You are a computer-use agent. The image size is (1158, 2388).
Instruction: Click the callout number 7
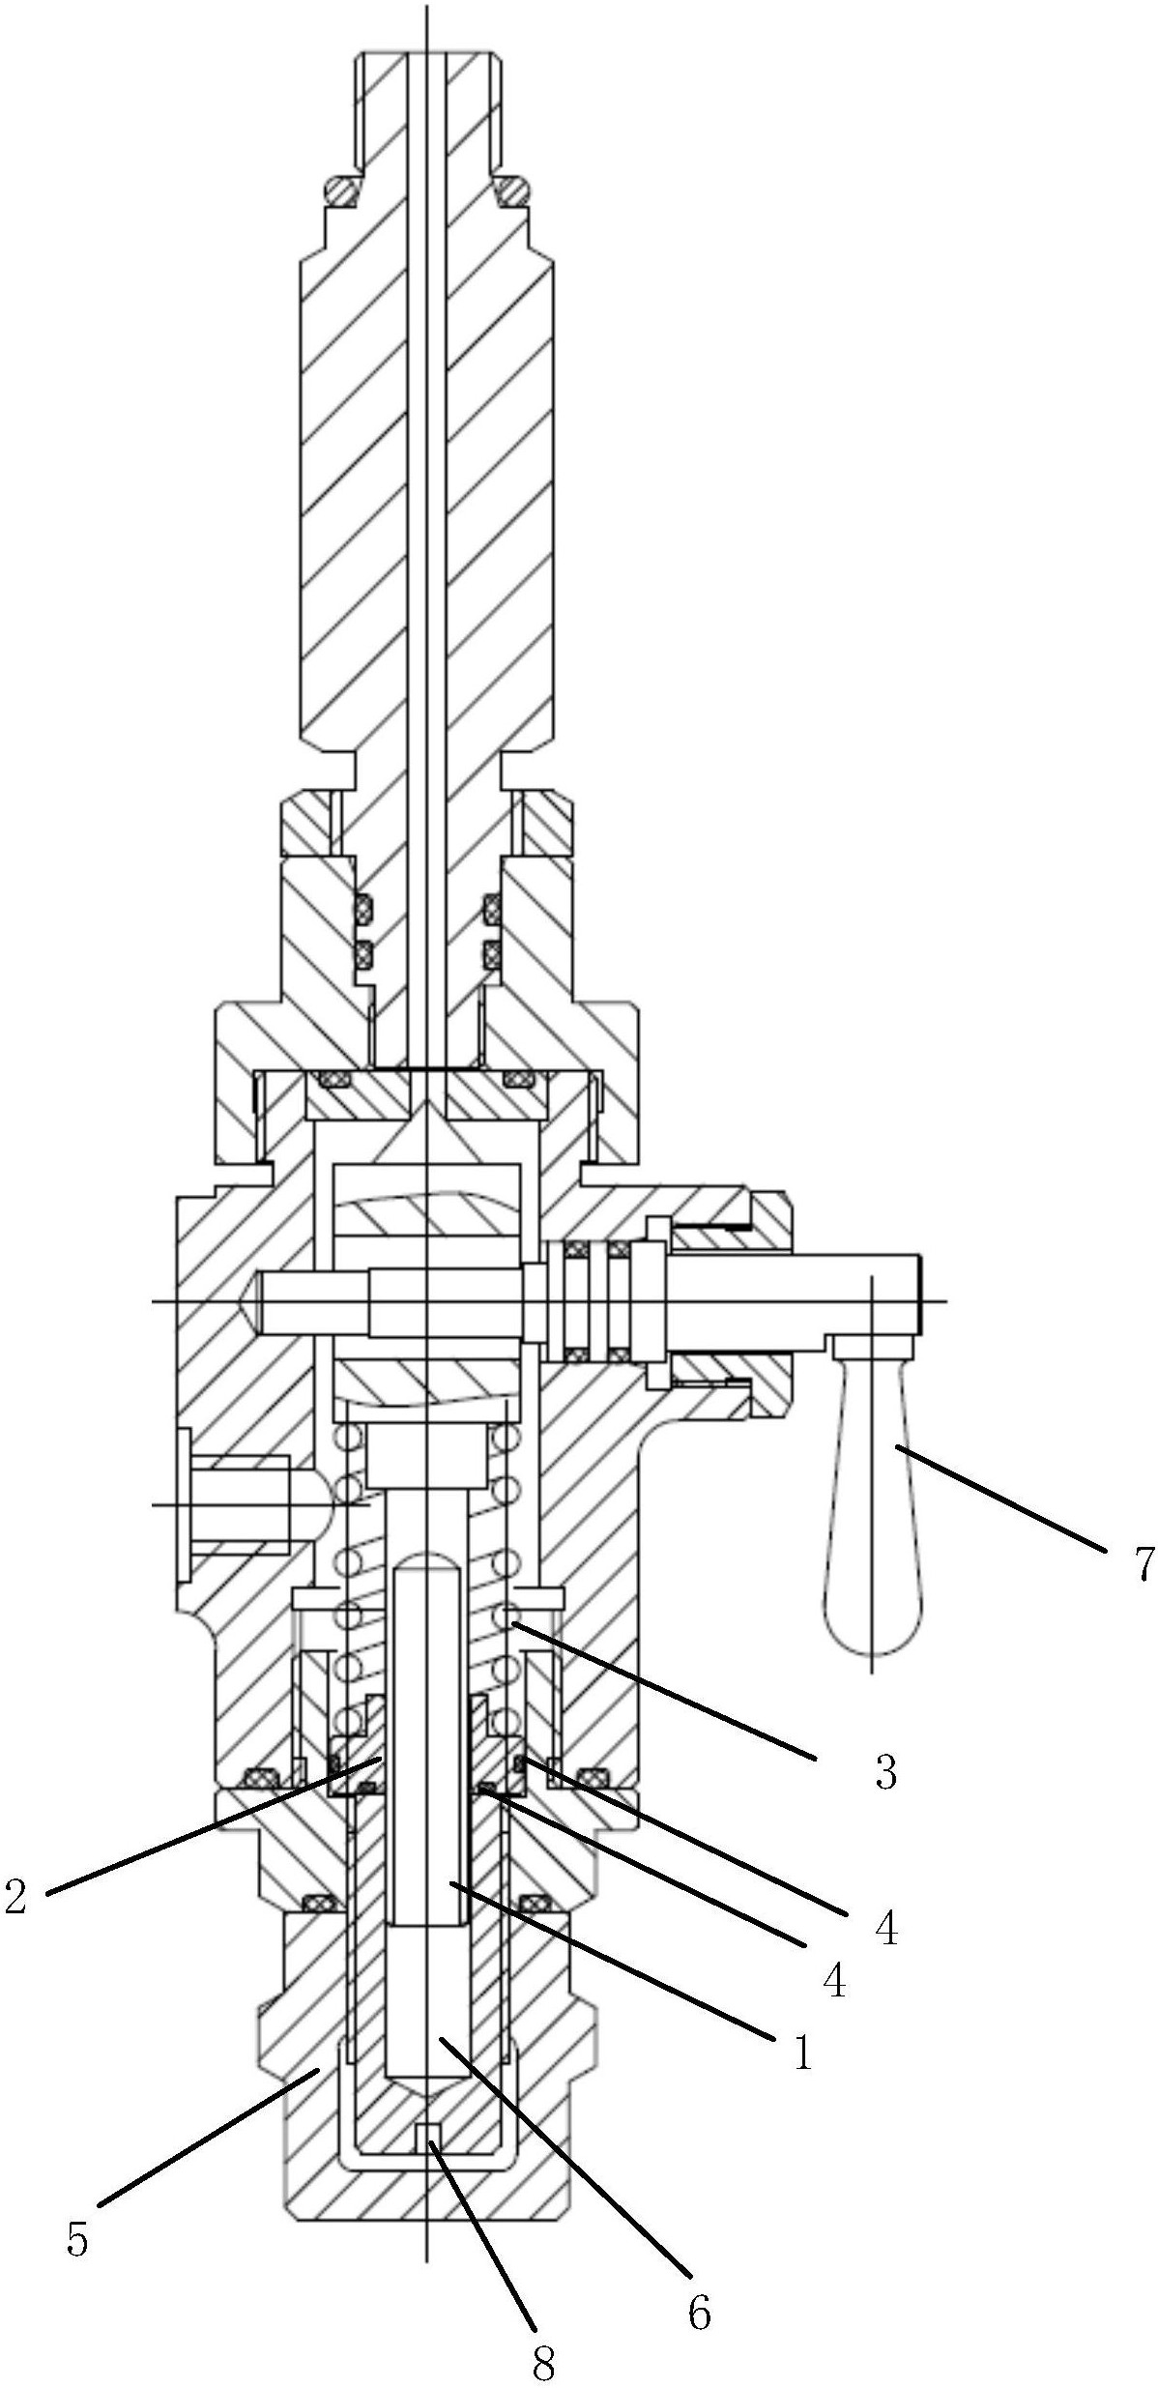coord(1144,1563)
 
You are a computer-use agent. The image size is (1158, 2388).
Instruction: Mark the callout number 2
coord(15,1896)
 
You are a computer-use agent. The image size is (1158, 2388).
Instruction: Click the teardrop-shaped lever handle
coord(872,1547)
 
